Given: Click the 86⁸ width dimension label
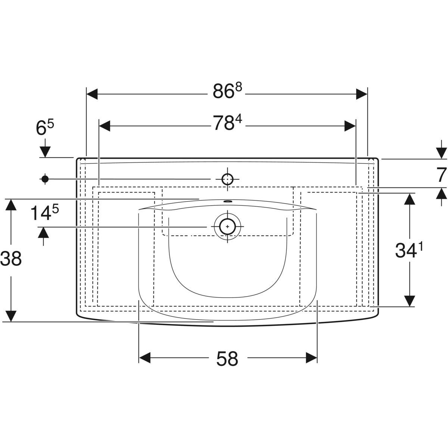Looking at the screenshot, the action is pos(227,91).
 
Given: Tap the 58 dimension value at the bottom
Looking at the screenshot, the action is pos(227,358).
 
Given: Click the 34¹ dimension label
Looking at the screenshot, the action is pos(408,250).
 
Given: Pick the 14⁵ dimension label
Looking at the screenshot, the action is pos(45,212).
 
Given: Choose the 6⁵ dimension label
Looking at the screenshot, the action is pos(45,127).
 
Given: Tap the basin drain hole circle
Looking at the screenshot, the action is pos(227,227).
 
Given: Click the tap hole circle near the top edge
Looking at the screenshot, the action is pos(227,179).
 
